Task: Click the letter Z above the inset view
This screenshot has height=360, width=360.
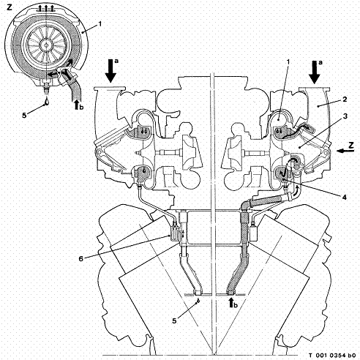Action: click(x=10, y=7)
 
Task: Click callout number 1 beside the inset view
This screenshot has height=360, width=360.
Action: click(x=100, y=24)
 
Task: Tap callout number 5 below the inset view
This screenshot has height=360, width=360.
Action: click(x=24, y=115)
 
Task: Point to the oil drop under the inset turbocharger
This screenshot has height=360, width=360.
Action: click(x=47, y=101)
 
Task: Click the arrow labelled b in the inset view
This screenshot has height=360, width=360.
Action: click(x=76, y=105)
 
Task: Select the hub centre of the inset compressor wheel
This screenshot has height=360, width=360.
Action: click(x=46, y=45)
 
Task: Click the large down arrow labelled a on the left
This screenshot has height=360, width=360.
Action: click(x=111, y=70)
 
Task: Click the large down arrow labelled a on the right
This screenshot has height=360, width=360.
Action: click(x=315, y=72)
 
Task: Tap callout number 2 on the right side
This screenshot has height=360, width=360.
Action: click(x=345, y=100)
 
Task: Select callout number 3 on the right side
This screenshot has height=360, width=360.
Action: click(x=345, y=116)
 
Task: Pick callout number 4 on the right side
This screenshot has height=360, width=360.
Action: click(x=344, y=197)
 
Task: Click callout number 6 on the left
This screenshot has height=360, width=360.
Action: click(x=80, y=258)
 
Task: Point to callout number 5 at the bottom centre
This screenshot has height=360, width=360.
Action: click(x=174, y=320)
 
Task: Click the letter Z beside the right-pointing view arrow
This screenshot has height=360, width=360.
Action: click(x=351, y=146)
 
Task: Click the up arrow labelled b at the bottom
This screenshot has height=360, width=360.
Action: click(x=230, y=304)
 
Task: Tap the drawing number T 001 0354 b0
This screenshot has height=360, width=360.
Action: click(x=332, y=355)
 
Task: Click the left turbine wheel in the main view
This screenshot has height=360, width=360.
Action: click(x=192, y=152)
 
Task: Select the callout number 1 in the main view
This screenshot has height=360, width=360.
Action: click(x=288, y=62)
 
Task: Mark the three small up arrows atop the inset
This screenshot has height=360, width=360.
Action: click(x=46, y=9)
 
